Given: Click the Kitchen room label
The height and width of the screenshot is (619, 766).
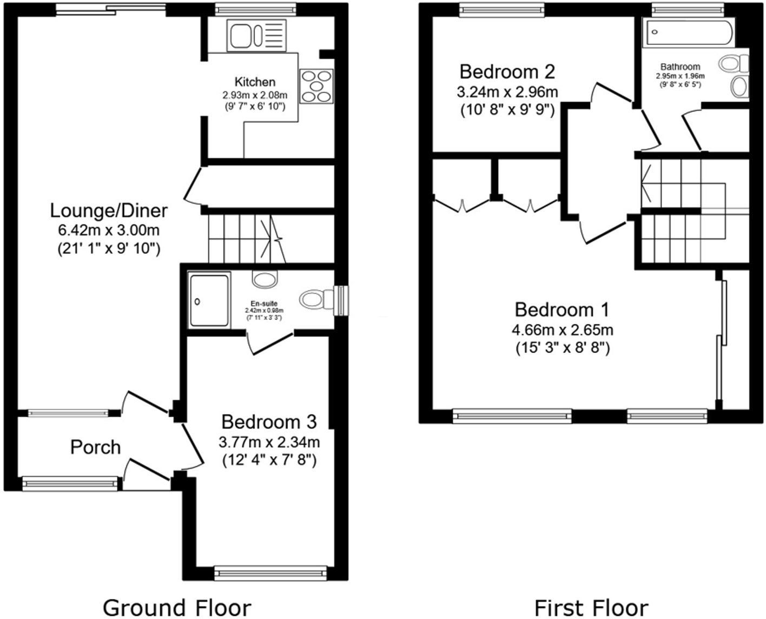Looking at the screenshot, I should (x=255, y=82).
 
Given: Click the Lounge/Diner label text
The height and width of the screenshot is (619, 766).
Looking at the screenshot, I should (x=109, y=210).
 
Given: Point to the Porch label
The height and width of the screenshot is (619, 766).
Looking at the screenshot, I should (x=96, y=447).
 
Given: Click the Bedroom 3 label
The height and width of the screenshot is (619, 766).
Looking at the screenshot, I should (x=269, y=422).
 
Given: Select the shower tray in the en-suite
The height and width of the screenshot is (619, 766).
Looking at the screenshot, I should (x=209, y=301).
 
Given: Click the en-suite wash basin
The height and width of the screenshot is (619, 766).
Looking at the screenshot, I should (x=264, y=280).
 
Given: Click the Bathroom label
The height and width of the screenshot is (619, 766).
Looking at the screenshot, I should (x=680, y=67).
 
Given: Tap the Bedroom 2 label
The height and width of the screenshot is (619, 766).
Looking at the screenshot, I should (x=507, y=71).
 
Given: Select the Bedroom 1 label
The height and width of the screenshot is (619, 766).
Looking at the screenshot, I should (x=562, y=310).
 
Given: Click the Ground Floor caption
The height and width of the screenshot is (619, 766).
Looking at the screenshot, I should (x=177, y=607).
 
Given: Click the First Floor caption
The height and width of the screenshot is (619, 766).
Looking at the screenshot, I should (x=591, y=607).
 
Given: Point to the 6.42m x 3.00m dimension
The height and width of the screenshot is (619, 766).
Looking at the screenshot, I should (x=109, y=231).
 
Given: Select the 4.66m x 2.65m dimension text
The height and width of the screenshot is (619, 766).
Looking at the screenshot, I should (x=562, y=330).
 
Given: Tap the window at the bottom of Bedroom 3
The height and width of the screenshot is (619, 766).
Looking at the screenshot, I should (x=270, y=572).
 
